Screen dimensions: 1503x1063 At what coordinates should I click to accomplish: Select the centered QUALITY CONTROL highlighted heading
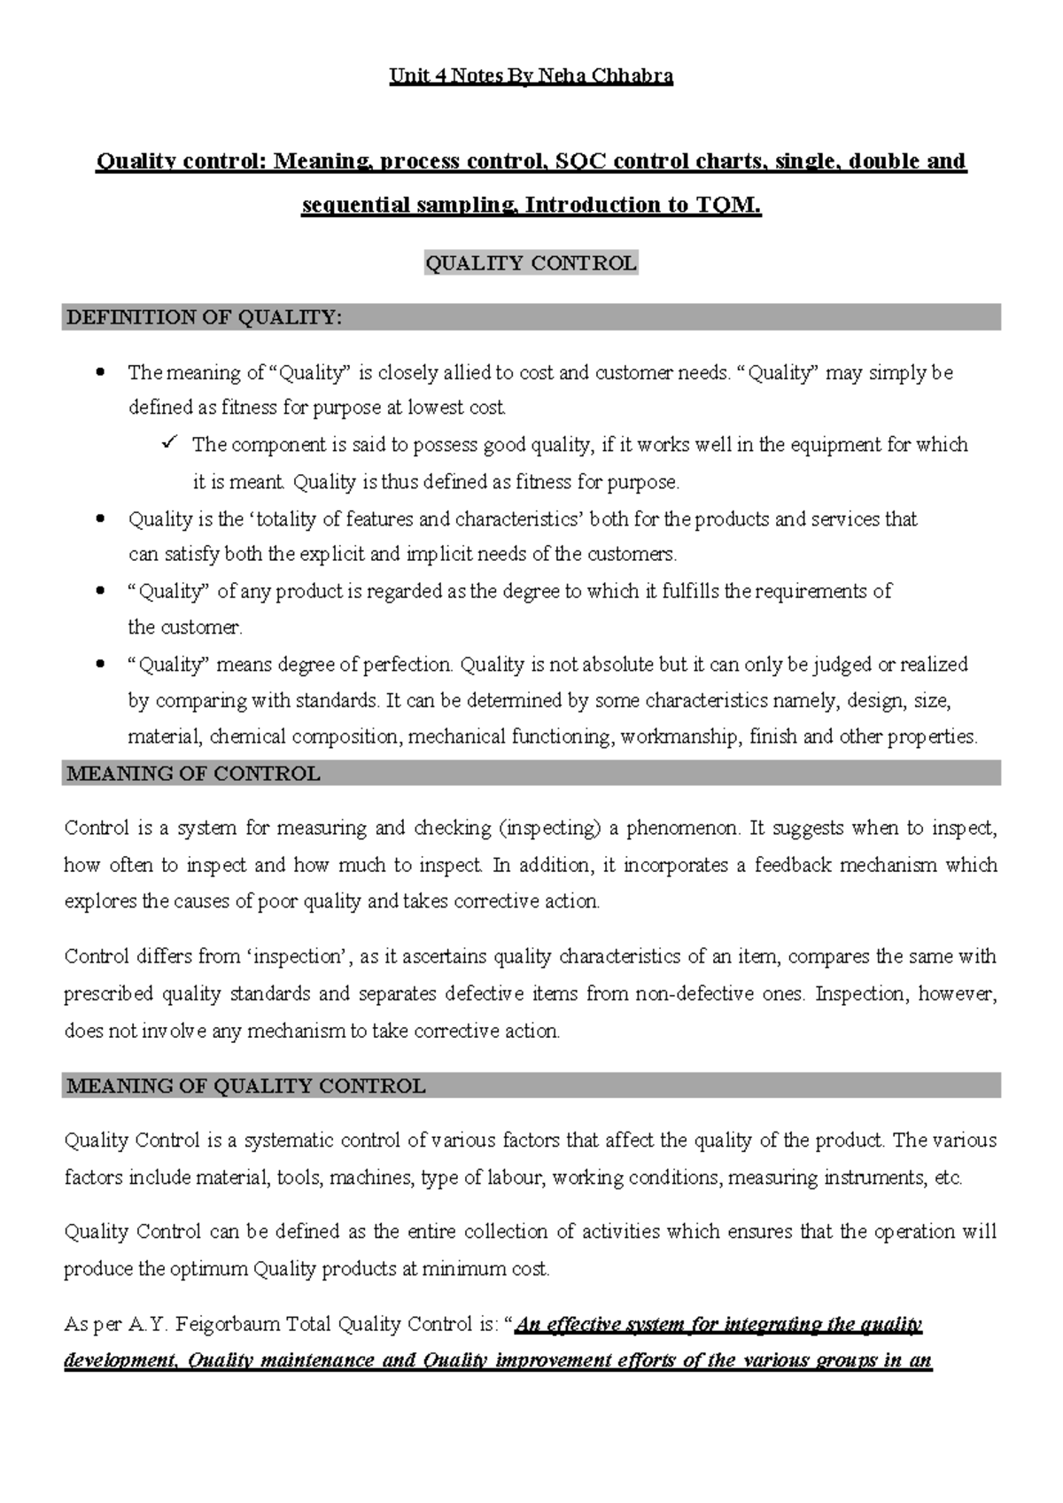[531, 263]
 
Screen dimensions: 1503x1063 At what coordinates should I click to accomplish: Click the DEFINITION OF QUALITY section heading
[204, 317]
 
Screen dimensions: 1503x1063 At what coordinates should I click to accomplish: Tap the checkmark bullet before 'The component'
[172, 442]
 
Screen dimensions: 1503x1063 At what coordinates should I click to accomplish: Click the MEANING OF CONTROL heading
[193, 775]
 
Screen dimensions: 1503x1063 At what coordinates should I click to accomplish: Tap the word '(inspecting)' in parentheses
[550, 829]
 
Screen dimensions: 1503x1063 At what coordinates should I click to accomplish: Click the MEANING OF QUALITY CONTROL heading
[246, 1086]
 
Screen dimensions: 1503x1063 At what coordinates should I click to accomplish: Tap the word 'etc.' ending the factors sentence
[948, 1179]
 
